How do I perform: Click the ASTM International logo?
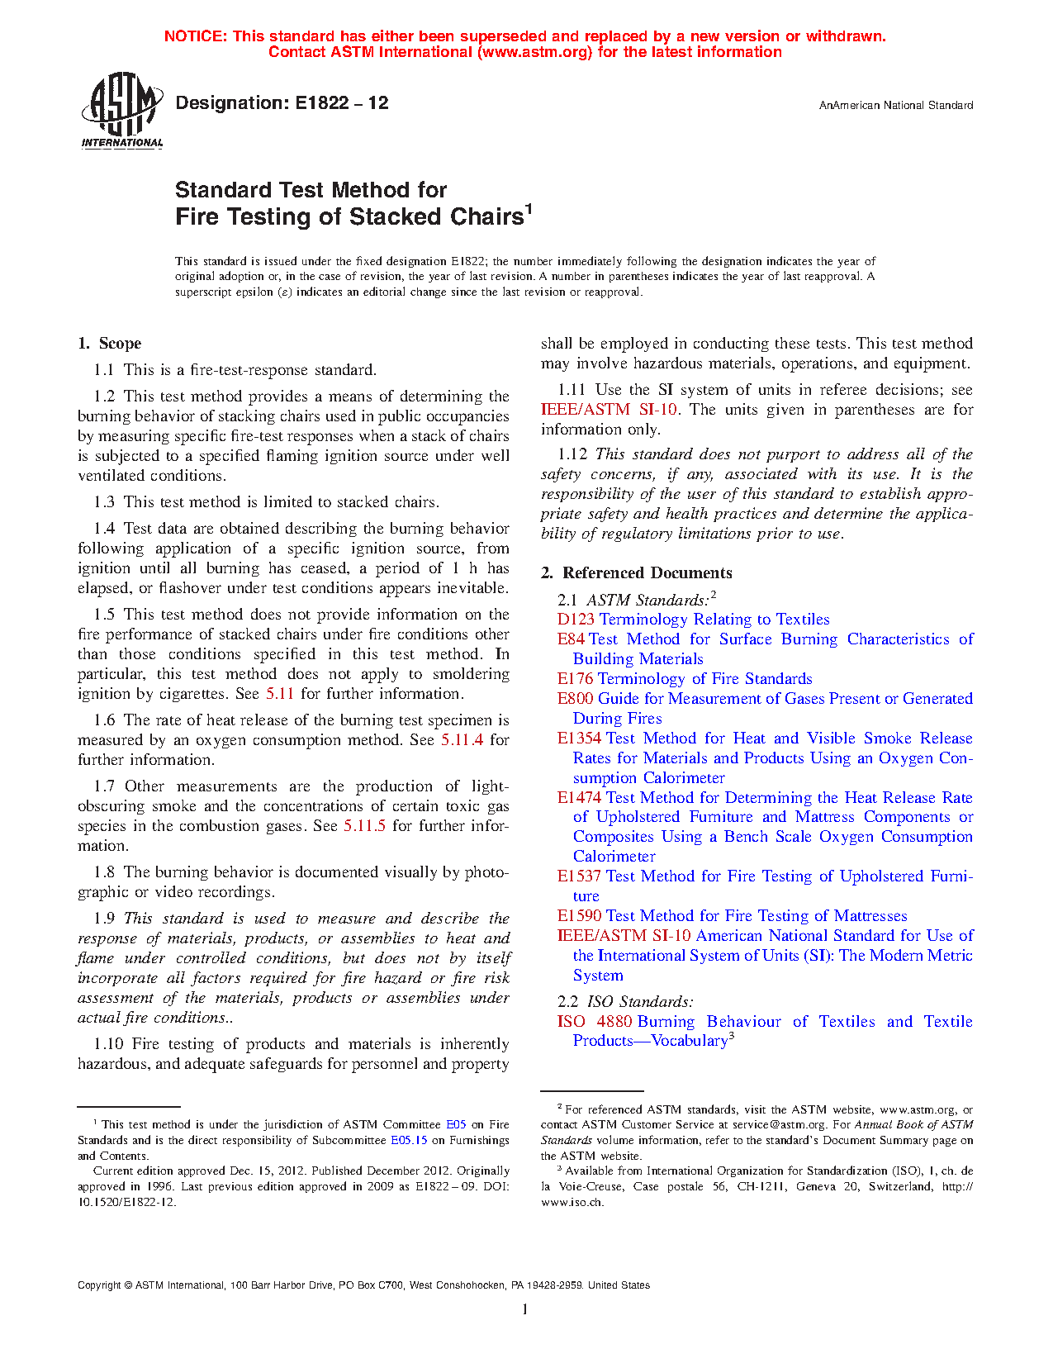tap(122, 109)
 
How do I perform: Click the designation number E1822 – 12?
tap(282, 103)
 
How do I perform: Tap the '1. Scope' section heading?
tap(110, 344)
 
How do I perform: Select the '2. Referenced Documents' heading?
tap(636, 573)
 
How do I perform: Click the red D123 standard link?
tap(576, 620)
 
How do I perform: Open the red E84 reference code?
tap(571, 639)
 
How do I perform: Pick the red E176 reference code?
tap(575, 679)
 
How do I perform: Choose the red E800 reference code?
tap(575, 699)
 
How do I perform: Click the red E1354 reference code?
tap(579, 738)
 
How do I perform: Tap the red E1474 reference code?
tap(579, 798)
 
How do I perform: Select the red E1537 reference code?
tap(579, 876)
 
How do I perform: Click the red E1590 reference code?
tap(579, 916)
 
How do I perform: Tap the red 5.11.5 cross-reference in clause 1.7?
tap(364, 826)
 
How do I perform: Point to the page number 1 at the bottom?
tap(525, 1309)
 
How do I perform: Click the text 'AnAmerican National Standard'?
tap(895, 106)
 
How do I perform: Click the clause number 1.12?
tap(572, 454)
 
